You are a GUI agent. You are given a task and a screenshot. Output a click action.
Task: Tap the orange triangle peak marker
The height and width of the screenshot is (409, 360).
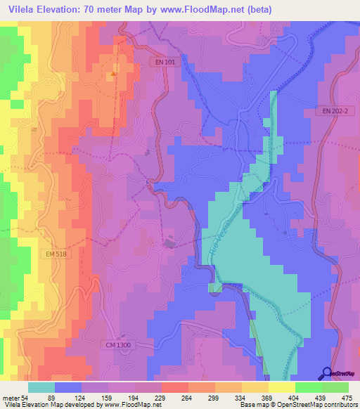(x=112, y=72)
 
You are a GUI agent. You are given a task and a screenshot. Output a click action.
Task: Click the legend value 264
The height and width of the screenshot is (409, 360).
(x=188, y=397)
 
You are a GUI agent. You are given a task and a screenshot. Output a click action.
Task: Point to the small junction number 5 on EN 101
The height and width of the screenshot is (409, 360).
(x=147, y=182)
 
